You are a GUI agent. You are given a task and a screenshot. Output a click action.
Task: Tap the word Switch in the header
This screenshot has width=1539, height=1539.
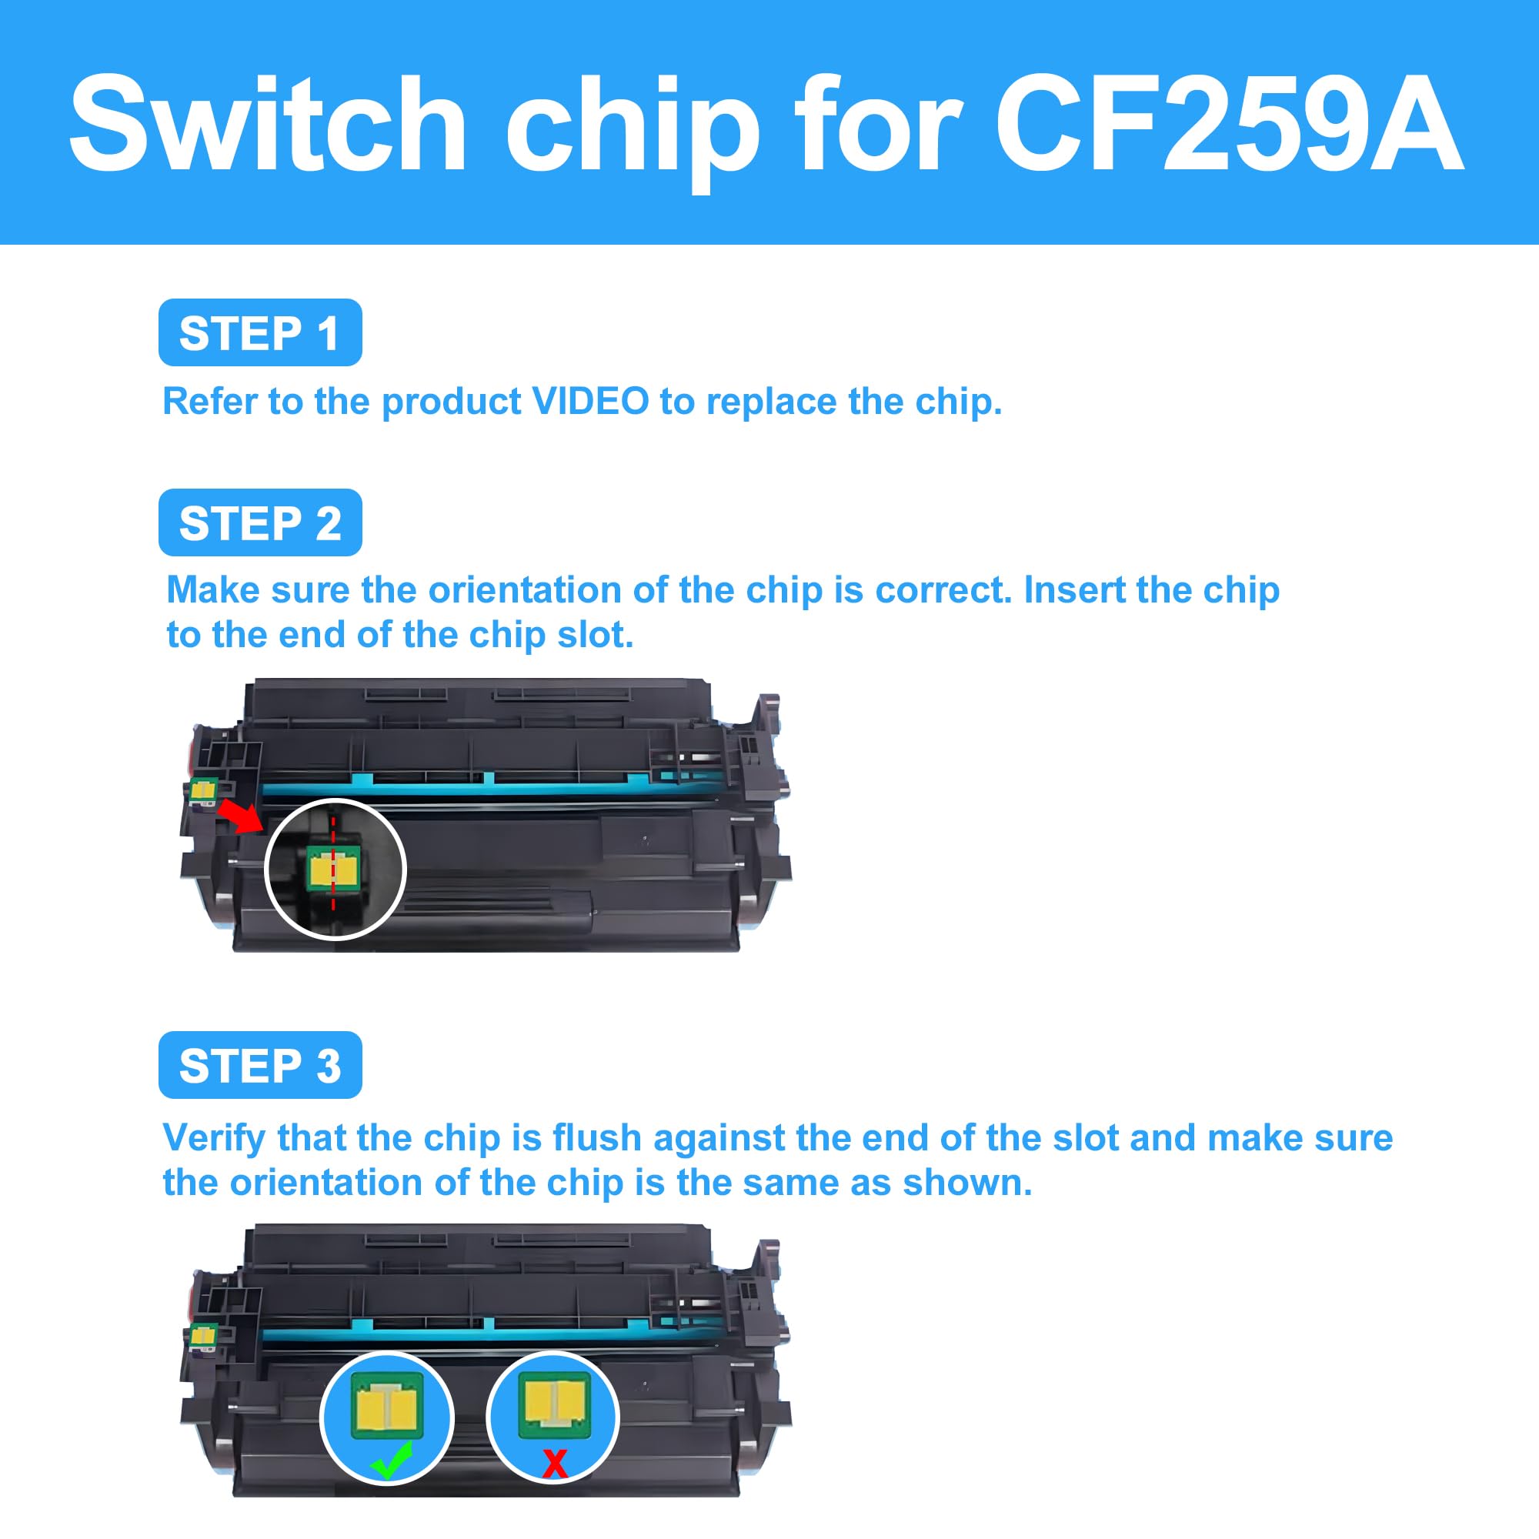(268, 123)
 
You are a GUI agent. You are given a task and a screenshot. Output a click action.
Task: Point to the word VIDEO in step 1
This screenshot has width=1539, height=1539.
(590, 401)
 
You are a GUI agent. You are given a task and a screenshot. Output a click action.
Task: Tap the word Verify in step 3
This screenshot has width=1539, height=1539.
(213, 1137)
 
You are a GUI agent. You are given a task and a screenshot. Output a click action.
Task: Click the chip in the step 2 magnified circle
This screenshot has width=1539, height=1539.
(334, 869)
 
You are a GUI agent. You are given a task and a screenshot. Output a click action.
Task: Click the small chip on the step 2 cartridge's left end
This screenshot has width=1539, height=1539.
(203, 790)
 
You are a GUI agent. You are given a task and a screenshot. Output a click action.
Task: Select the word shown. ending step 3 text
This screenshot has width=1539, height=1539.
(966, 1183)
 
